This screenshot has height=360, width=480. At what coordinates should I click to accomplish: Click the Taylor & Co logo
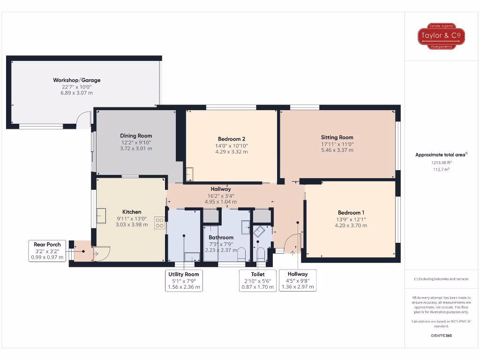[441, 36]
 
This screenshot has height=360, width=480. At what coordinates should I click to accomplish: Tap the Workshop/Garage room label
[76, 80]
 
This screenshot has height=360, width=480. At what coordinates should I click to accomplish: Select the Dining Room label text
[136, 136]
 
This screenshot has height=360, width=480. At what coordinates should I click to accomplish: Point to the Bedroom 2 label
[232, 139]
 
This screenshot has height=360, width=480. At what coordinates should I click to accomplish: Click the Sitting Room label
[337, 137]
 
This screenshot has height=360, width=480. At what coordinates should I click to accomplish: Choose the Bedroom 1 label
[350, 212]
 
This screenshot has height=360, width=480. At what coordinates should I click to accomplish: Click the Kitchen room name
[132, 212]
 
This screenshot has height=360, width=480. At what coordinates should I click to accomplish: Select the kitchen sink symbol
[101, 216]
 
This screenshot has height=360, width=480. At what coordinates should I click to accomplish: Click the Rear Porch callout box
[47, 251]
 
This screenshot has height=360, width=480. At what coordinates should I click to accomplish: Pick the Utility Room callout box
[184, 280]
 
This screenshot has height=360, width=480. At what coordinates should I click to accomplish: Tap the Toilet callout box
[258, 280]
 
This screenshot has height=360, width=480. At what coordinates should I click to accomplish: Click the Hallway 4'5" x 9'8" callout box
[298, 280]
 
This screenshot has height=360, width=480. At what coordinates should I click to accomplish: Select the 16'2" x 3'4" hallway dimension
[221, 196]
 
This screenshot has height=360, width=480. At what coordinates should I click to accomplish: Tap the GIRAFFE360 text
[441, 336]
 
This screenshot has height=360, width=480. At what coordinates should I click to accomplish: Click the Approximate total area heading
[440, 155]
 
